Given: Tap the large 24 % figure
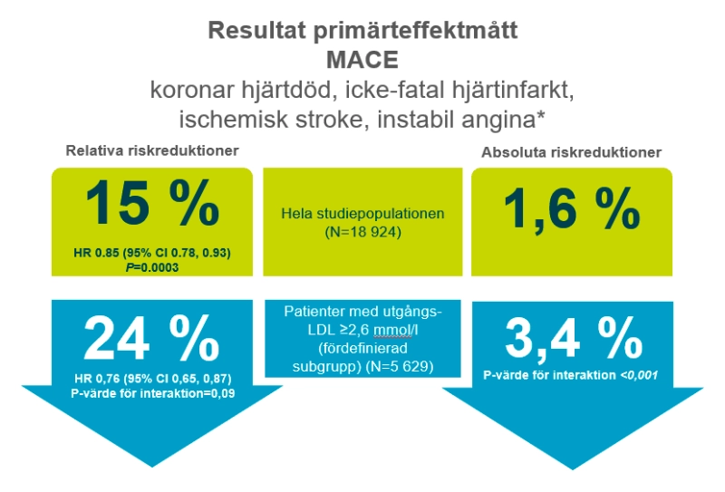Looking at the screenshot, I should pos(153,340).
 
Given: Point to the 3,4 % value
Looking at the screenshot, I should pos(573,342).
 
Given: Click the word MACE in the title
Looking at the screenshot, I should pos(363,62).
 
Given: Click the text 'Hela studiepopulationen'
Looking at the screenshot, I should pos(363,216).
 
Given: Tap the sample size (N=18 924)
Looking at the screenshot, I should pos(363,233).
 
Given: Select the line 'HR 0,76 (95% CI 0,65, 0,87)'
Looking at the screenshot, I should pos(153,378).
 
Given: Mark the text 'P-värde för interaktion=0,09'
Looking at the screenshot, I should pos(153,392).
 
